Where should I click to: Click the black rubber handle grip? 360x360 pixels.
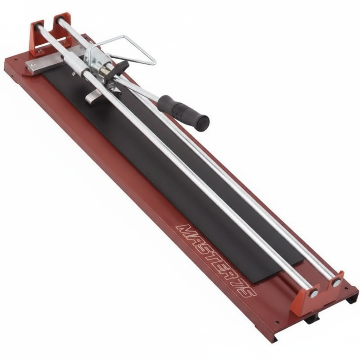[x=184, y=112]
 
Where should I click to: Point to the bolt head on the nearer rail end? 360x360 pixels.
[x=313, y=294]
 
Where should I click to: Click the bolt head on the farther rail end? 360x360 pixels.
[x=336, y=282]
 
